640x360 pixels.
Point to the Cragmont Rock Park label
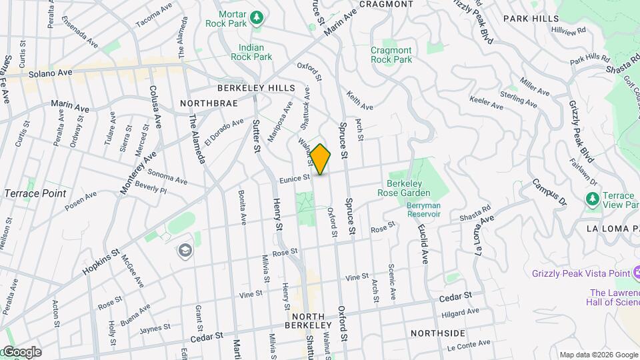pyautogui.click(x=391, y=55)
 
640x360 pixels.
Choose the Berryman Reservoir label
pyautogui.click(x=424, y=210)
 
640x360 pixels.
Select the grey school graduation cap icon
pyautogui.click(x=185, y=251)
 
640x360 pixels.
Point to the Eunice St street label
pyautogui.click(x=295, y=178)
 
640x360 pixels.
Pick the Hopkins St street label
pyautogui.click(x=101, y=263)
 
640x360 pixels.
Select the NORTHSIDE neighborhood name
pyautogui.click(x=437, y=333)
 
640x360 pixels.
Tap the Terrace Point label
pyautogui.click(x=35, y=193)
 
